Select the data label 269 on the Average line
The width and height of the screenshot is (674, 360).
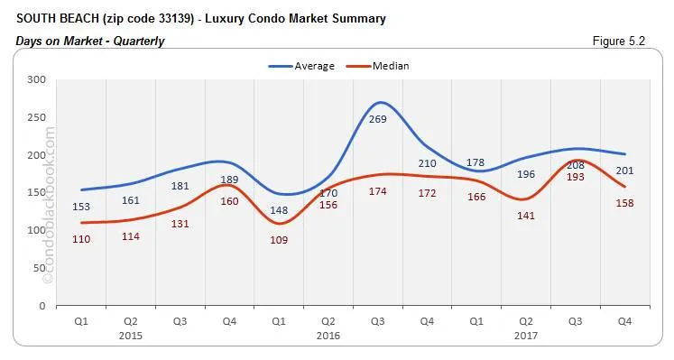(x=380, y=119)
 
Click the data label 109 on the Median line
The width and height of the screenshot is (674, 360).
(x=280, y=241)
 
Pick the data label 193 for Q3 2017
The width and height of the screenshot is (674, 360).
(x=575, y=177)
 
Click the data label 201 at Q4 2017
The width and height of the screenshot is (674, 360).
(x=624, y=171)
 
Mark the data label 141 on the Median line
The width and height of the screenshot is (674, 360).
(x=526, y=216)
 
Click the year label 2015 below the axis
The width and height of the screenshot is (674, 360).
(x=133, y=335)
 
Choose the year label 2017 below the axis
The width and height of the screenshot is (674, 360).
(x=526, y=335)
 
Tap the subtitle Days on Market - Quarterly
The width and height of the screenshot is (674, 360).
(x=90, y=41)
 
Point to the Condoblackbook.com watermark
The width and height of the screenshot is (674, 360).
(x=49, y=208)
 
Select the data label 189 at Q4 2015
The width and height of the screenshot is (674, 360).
(x=231, y=180)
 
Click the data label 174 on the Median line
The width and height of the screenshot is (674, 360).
(x=379, y=192)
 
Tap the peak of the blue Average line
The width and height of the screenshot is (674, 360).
(x=380, y=102)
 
